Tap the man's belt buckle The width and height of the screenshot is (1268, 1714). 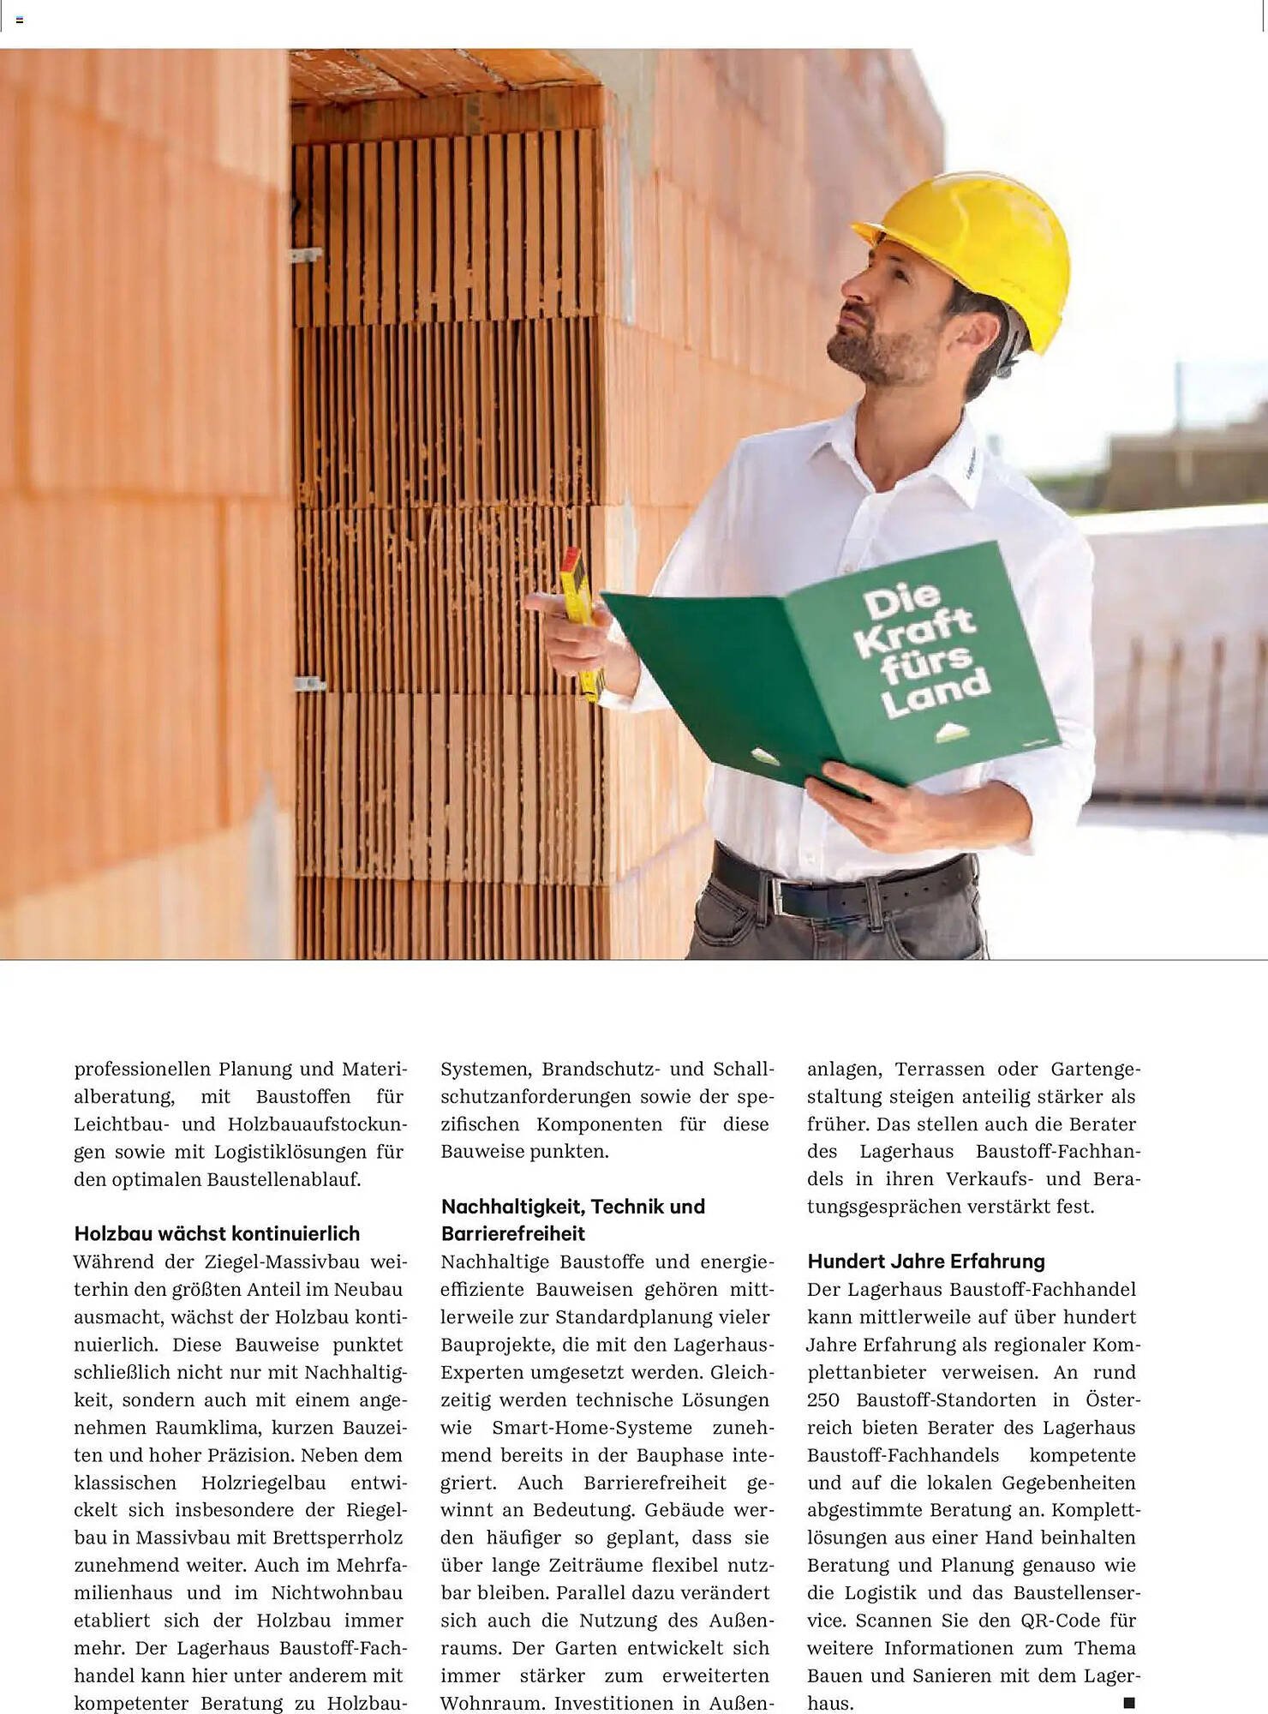pos(781,897)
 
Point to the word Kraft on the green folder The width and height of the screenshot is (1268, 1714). pos(914,632)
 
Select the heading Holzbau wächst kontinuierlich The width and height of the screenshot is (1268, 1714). pos(217,1233)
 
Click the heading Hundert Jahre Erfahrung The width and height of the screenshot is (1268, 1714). pos(926,1261)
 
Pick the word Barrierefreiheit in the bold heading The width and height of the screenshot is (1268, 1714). pos(513,1233)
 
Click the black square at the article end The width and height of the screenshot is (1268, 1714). pos(1128,1702)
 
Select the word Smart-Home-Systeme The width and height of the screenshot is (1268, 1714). pos(592,1428)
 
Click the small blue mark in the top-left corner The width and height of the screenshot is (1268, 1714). pos(19,19)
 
